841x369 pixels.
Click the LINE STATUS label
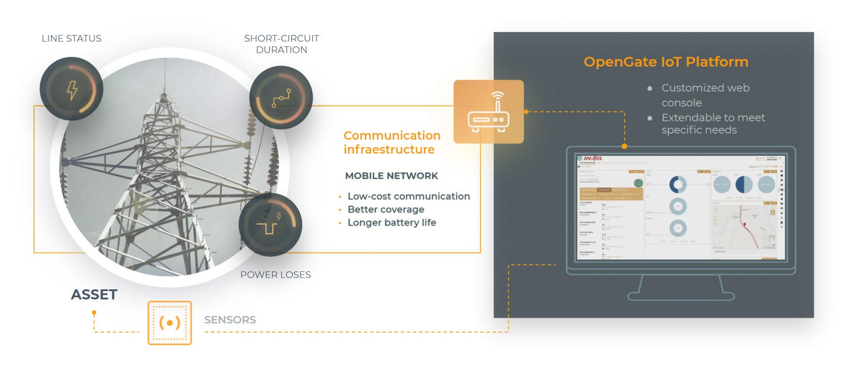(x=71, y=39)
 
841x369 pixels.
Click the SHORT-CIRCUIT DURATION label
(x=281, y=44)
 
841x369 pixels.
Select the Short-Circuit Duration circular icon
(x=281, y=98)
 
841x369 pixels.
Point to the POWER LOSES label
(x=276, y=275)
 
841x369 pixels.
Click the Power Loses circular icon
(x=270, y=224)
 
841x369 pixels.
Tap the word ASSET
(x=94, y=294)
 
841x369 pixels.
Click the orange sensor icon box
(x=170, y=323)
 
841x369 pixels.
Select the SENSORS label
(x=230, y=320)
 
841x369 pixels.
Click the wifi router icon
(x=488, y=112)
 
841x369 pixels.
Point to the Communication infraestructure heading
(x=392, y=142)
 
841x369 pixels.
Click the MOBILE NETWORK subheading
(x=392, y=176)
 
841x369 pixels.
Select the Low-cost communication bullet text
(x=409, y=196)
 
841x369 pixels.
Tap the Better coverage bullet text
(x=386, y=209)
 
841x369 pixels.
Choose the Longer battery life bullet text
(x=392, y=223)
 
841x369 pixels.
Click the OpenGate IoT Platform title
(x=666, y=62)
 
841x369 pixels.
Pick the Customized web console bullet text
(x=705, y=95)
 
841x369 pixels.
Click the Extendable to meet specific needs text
(x=713, y=124)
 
